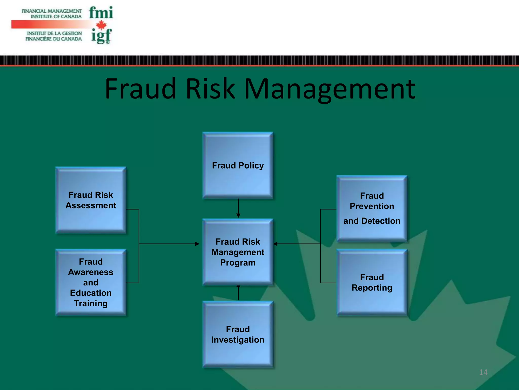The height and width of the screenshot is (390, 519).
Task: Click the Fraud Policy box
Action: point(238,165)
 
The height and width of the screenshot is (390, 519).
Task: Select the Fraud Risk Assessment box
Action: point(91,200)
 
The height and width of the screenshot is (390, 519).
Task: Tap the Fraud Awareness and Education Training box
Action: point(91,282)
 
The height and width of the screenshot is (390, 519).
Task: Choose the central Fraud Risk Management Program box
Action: point(238,252)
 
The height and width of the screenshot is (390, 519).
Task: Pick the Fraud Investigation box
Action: point(238,334)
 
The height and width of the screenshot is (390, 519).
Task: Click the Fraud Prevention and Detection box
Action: point(372,208)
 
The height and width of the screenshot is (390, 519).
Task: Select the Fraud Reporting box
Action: point(372,282)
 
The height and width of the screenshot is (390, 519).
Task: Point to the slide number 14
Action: point(483,372)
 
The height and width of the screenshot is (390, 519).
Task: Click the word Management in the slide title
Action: point(329,89)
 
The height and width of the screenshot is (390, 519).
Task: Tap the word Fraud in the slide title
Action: point(141,89)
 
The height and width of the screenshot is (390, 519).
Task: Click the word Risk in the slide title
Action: point(210,89)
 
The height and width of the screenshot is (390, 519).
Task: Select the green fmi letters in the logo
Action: point(101,13)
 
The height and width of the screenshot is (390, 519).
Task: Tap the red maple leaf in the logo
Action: point(101,25)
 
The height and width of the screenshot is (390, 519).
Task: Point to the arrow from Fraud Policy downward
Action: point(238,208)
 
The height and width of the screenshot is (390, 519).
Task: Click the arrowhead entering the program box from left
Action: point(197,244)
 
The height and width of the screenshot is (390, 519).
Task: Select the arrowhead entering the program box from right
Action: point(275,244)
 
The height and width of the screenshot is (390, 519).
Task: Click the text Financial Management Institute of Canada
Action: point(52,14)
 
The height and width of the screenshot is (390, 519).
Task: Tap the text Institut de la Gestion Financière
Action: point(54,36)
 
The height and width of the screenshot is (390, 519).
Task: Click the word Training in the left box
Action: point(91,303)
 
